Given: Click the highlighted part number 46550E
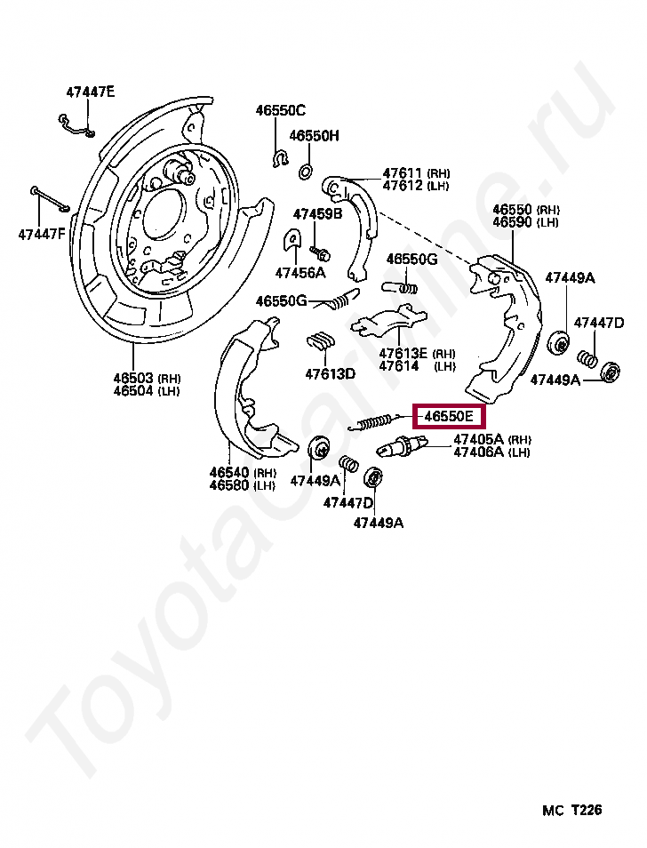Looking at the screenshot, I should pyautogui.click(x=448, y=415).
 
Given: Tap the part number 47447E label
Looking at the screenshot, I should pyautogui.click(x=90, y=92).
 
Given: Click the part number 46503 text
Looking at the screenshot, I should pyautogui.click(x=133, y=377).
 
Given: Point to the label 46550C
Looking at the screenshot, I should pyautogui.click(x=280, y=111).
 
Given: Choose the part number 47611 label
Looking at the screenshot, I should pyautogui.click(x=403, y=172).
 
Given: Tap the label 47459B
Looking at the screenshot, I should pyautogui.click(x=317, y=213).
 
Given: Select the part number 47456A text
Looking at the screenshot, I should pyautogui.click(x=300, y=272).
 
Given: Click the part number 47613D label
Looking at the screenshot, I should pyautogui.click(x=330, y=373).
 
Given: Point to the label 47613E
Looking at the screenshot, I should pyautogui.click(x=403, y=353).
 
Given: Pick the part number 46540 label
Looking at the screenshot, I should pyautogui.click(x=230, y=472).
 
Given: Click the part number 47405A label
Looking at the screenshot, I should pyautogui.click(x=478, y=439).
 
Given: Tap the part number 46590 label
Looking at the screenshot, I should pyautogui.click(x=514, y=222).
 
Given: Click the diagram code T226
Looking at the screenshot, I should pyautogui.click(x=587, y=810).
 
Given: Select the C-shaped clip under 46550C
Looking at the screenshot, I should pyautogui.click(x=277, y=160).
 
